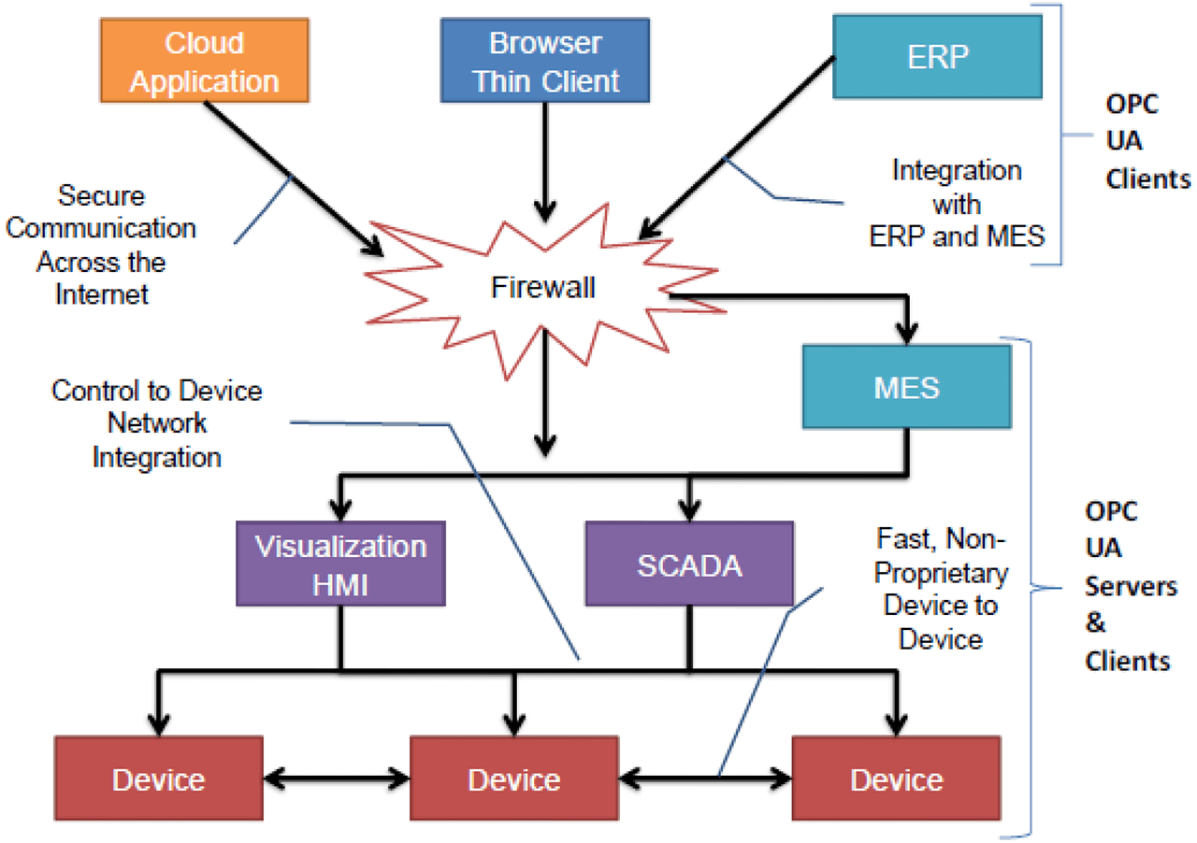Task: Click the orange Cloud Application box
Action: tap(205, 62)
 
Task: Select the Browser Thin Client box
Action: tap(546, 62)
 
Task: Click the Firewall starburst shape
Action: tap(543, 288)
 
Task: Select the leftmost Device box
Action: tap(158, 779)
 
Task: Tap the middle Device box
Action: tap(514, 779)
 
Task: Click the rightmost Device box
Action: tap(896, 779)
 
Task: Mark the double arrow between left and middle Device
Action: tap(337, 778)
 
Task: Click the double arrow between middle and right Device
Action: tap(706, 778)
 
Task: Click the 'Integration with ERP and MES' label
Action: tap(956, 204)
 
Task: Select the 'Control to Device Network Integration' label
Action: tap(157, 422)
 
